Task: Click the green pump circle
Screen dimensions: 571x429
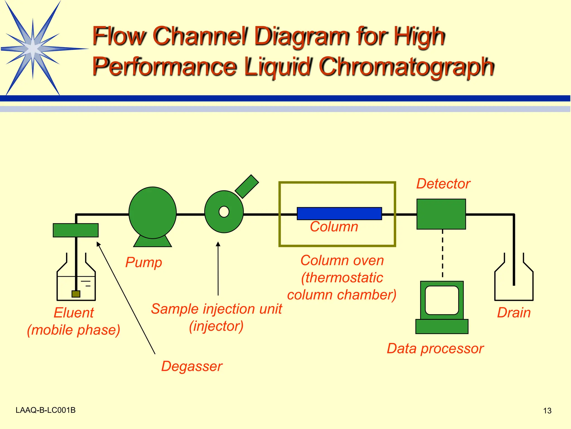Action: click(153, 213)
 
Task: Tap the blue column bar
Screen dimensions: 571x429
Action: click(339, 214)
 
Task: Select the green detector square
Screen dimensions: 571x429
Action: click(441, 214)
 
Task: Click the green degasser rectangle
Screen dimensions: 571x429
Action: click(76, 230)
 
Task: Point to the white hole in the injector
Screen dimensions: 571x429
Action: click(224, 212)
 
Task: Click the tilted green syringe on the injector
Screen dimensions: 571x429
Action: click(247, 187)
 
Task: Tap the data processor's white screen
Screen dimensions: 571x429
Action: click(442, 300)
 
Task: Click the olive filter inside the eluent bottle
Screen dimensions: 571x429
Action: click(76, 294)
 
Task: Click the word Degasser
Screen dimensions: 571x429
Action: click(192, 366)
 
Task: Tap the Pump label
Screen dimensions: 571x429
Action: click(144, 263)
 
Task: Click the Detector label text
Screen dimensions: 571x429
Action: click(443, 184)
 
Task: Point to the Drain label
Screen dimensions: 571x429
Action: click(514, 313)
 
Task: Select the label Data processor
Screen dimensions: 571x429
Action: click(435, 349)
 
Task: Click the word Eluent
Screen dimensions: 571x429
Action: click(74, 313)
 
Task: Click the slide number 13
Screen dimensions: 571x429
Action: click(547, 411)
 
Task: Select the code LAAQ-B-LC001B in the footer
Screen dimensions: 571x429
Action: click(45, 410)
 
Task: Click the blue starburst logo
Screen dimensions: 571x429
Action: click(33, 48)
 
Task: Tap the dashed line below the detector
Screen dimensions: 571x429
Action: click(442, 254)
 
